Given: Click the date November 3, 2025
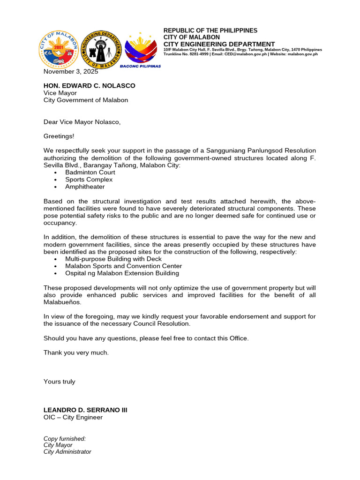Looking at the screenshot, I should click(71, 72).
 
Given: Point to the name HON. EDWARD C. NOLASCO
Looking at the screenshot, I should click(89, 86).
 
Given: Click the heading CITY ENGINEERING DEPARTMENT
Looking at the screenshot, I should click(219, 44).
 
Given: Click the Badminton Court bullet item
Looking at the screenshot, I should click(90, 172).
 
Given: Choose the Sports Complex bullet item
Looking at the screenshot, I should click(89, 180).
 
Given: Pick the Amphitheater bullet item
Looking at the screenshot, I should click(85, 187).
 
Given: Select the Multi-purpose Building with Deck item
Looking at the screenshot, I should click(113, 259).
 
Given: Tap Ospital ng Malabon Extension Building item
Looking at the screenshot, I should click(122, 273).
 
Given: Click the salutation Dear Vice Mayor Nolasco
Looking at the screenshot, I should click(82, 122).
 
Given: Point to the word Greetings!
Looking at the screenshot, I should click(59, 136).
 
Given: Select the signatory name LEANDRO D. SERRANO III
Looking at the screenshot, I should click(85, 410).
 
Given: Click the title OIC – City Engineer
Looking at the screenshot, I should click(73, 417).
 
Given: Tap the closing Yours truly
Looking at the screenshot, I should click(59, 382).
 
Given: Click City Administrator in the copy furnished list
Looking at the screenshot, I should click(67, 452).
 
